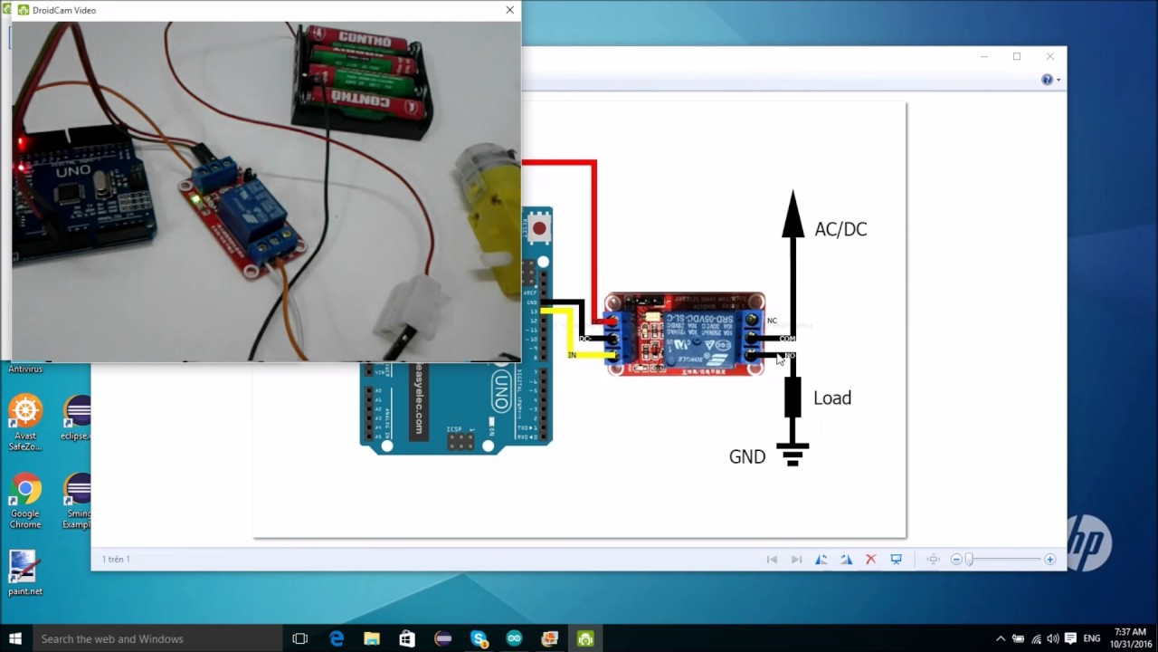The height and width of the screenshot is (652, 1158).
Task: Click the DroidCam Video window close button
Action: pyautogui.click(x=509, y=10)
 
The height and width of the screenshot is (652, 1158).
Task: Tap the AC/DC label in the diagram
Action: pyautogui.click(x=840, y=229)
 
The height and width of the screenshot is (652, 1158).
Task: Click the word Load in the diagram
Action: pyautogui.click(x=831, y=398)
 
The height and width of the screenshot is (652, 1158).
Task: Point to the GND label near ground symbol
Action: pyautogui.click(x=747, y=457)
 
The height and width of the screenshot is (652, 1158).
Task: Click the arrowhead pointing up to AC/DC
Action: pyautogui.click(x=793, y=216)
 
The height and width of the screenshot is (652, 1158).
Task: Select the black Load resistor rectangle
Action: pyautogui.click(x=793, y=398)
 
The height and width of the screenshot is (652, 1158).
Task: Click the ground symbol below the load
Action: pyautogui.click(x=793, y=454)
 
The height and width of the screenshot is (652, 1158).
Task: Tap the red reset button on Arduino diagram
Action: pyautogui.click(x=539, y=228)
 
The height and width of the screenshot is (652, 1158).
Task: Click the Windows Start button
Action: pyautogui.click(x=14, y=638)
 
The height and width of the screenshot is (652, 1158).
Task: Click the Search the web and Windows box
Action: pyautogui.click(x=154, y=638)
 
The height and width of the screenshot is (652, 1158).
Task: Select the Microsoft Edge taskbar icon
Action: pyautogui.click(x=337, y=638)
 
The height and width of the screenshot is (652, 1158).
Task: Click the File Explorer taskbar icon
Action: pyautogui.click(x=372, y=638)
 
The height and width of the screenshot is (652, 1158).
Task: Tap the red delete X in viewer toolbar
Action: pyautogui.click(x=870, y=560)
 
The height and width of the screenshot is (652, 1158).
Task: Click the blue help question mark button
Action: pyautogui.click(x=1047, y=80)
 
